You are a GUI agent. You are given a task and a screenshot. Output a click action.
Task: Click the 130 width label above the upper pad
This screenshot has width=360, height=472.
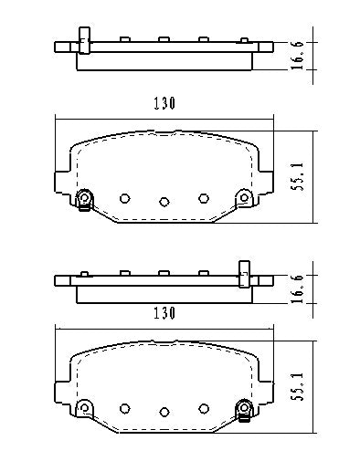tap(164, 103)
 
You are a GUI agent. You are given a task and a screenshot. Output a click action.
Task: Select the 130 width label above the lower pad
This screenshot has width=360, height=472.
tap(164, 312)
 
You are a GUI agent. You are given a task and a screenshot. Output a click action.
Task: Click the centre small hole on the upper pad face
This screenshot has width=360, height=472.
tap(164, 202)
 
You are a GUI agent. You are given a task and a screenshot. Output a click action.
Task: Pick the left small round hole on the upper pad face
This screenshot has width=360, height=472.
tap(125, 196)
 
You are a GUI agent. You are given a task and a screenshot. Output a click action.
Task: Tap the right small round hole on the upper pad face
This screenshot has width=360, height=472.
tap(205, 196)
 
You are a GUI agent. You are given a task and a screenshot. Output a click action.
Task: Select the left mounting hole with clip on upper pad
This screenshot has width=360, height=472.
tap(84, 198)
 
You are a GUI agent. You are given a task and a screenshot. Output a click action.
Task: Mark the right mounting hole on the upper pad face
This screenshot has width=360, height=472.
tap(243, 197)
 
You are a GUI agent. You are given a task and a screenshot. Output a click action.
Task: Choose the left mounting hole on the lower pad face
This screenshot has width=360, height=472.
tap(84, 406)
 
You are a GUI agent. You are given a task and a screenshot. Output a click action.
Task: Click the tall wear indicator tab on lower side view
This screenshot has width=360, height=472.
tap(244, 272)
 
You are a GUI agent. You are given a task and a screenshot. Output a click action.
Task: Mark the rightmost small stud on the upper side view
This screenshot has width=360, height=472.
tap(242, 39)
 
